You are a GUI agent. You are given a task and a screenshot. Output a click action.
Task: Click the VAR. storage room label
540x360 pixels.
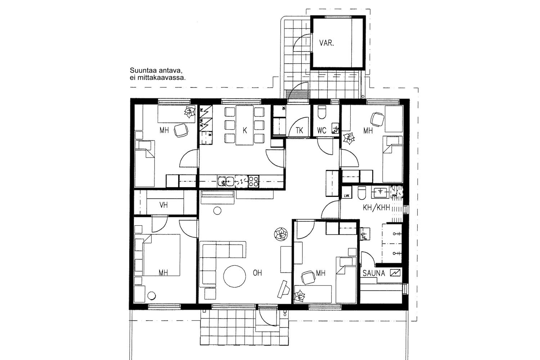pyautogui.click(x=327, y=43)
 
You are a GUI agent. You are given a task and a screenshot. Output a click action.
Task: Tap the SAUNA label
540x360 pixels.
pyautogui.click(x=374, y=273)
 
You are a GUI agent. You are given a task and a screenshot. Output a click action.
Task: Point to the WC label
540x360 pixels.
pyautogui.click(x=322, y=130)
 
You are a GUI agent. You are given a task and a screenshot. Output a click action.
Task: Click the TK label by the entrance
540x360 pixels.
pyautogui.click(x=300, y=131)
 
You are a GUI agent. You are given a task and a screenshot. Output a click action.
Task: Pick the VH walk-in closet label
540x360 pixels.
pyautogui.click(x=164, y=205)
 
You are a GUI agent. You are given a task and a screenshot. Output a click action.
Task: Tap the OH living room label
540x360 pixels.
pyautogui.click(x=257, y=273)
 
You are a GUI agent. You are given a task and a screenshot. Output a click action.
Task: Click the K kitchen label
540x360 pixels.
pyautogui.click(x=245, y=130)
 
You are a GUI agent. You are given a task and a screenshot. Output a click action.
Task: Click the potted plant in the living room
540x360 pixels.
pyautogui.click(x=280, y=234)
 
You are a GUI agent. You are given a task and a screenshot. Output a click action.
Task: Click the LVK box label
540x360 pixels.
pyautogui.click(x=347, y=196)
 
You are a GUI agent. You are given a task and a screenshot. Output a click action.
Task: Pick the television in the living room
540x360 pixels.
pyautogui.click(x=285, y=289)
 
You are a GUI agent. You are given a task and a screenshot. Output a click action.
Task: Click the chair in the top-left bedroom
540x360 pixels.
pyautogui.click(x=181, y=130)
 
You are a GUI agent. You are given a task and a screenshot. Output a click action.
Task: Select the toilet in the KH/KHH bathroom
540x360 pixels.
pyautogui.click(x=362, y=193)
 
